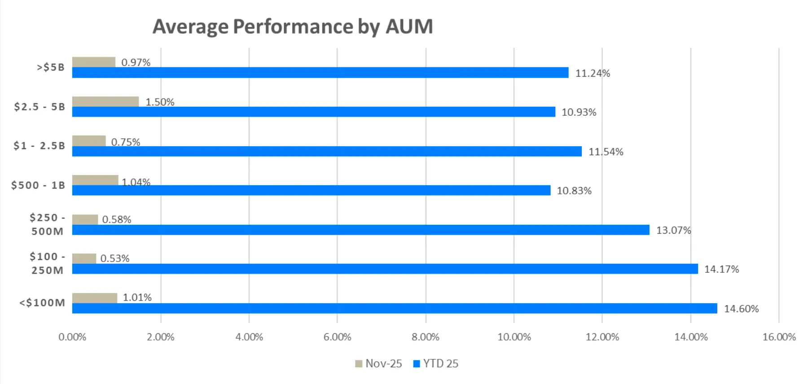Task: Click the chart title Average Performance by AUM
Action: pos(293,26)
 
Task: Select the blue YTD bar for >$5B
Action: pos(320,73)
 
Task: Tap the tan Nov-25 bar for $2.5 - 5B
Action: pos(105,101)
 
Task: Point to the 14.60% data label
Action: pos(741,309)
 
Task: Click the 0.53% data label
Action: pos(115,258)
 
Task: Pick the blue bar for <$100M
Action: pos(395,308)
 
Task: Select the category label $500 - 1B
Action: pos(39,185)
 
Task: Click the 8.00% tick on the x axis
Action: pos(425,337)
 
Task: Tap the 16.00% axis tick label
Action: pos(779,337)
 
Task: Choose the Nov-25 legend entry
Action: pos(378,363)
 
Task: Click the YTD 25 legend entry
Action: pos(436,363)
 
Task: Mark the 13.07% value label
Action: pos(673,230)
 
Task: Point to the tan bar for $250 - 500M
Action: pos(85,219)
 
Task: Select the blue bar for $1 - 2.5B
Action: pos(327,151)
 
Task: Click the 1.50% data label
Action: pos(160,102)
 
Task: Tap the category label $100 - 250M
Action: pos(47,263)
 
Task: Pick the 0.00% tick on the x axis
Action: pos(72,337)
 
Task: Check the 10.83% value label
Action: pos(574,191)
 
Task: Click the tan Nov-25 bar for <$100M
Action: pos(95,298)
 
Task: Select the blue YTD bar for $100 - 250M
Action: pos(385,269)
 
